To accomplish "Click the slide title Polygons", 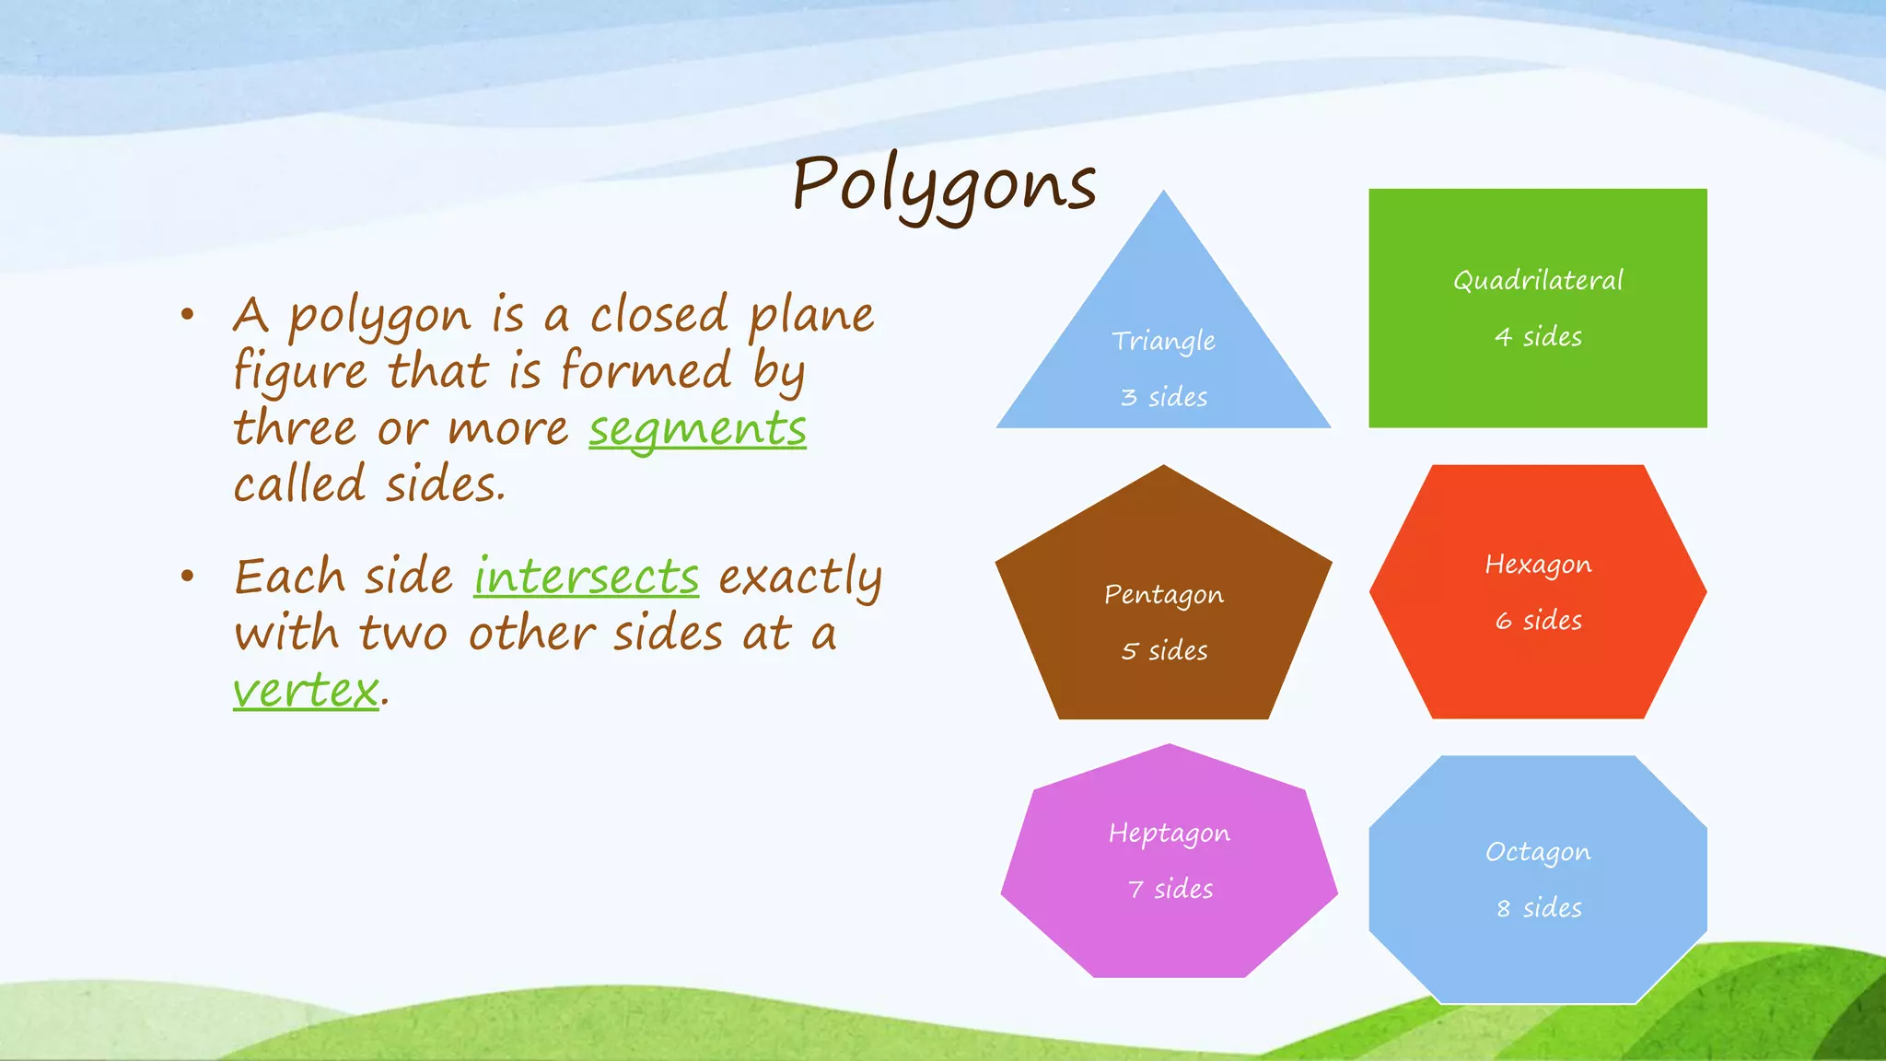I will pos(944,184).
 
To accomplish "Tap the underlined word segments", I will pos(697,430).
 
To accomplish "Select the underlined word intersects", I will pos(587,578).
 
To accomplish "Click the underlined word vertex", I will pos(306,691).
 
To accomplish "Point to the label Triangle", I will pos(1163,342).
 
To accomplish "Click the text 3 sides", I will pos(1163,397).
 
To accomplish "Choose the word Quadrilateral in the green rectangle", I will pos(1538,280).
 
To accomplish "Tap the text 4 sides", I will pos(1538,337).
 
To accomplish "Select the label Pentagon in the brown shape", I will pos(1163,595).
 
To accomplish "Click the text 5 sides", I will pos(1163,651).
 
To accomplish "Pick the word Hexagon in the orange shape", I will pos(1538,565).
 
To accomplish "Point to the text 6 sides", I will pos(1538,621).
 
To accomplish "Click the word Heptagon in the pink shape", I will pos(1169,834).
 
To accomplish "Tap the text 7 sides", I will pos(1170,890).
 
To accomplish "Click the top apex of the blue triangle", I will pos(1164,194).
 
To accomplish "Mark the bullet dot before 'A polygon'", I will pos(188,315).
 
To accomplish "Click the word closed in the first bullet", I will pos(658,315).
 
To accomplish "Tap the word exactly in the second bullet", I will pos(799,578).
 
